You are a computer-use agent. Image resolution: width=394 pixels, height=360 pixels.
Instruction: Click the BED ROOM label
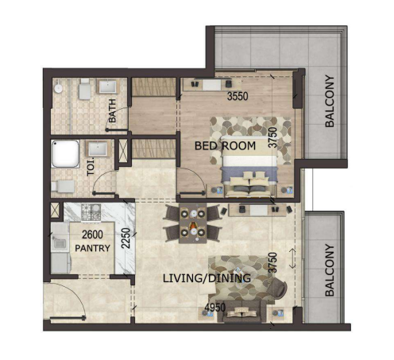[x=225, y=145]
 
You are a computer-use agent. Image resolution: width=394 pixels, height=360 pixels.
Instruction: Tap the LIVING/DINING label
[x=207, y=278]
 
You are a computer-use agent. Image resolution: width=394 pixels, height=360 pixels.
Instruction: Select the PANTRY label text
[x=92, y=248]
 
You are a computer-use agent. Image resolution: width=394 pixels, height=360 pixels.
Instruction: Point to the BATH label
[x=112, y=110]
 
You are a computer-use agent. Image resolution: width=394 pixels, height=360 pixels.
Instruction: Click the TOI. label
[x=91, y=167]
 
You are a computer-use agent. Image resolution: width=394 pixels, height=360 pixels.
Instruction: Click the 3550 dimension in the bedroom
[x=238, y=96]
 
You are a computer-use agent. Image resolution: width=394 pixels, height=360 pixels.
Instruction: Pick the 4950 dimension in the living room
[x=215, y=308]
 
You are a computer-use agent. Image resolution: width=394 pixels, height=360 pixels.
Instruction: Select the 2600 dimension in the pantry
[x=92, y=234]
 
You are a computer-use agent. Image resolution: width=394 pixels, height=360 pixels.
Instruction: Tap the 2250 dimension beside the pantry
[x=126, y=238]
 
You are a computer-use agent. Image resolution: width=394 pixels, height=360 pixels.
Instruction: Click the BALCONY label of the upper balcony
[x=330, y=101]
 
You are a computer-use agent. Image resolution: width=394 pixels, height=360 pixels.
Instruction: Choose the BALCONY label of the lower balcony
[x=330, y=270]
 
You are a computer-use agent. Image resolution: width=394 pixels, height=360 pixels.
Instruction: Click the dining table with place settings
[x=193, y=223]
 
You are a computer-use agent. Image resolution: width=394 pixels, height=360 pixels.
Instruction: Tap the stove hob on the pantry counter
[x=91, y=211]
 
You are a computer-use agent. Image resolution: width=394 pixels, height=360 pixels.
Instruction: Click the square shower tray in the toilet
[x=65, y=154]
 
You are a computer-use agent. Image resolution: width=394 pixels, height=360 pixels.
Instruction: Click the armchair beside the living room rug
[x=277, y=288]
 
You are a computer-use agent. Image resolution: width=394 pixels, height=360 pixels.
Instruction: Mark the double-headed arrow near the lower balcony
[x=292, y=258]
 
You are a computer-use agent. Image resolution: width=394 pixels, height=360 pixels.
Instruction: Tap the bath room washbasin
[x=107, y=87]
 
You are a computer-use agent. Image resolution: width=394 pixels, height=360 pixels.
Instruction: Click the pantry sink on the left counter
[x=60, y=242]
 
